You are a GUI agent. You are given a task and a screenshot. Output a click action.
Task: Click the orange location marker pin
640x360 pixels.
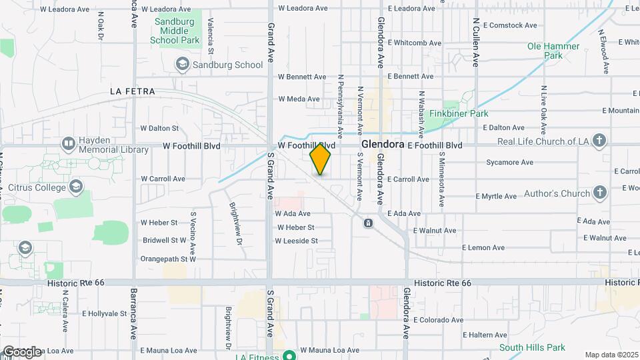tap(321, 159)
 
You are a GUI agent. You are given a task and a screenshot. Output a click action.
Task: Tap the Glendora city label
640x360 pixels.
tap(383, 144)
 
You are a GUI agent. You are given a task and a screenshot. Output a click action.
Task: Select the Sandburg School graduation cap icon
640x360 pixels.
tap(182, 64)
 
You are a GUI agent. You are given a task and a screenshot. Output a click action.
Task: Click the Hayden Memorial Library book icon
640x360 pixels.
tap(68, 144)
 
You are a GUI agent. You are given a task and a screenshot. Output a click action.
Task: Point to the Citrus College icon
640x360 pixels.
tap(76, 187)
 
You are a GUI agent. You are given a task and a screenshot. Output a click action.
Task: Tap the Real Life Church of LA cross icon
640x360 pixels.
tap(599, 141)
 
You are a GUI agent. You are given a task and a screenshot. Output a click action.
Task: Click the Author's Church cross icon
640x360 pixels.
tap(599, 193)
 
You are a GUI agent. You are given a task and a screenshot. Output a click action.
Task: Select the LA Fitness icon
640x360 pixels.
tap(289, 355)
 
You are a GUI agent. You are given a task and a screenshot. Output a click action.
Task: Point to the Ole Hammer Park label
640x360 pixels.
tap(553, 51)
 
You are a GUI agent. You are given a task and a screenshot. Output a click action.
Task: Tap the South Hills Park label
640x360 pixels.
tap(532, 347)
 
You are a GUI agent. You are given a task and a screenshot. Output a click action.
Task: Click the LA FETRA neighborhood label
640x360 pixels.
tap(133, 91)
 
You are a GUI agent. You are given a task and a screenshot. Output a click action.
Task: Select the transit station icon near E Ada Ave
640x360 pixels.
tap(367, 223)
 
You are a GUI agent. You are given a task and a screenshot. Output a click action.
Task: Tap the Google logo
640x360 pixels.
tap(22, 351)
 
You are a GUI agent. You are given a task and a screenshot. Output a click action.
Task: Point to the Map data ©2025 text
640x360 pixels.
tap(611, 355)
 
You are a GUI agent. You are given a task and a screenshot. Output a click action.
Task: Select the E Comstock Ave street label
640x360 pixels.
tap(510, 25)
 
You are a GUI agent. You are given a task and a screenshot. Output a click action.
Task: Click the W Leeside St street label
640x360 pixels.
tap(297, 241)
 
